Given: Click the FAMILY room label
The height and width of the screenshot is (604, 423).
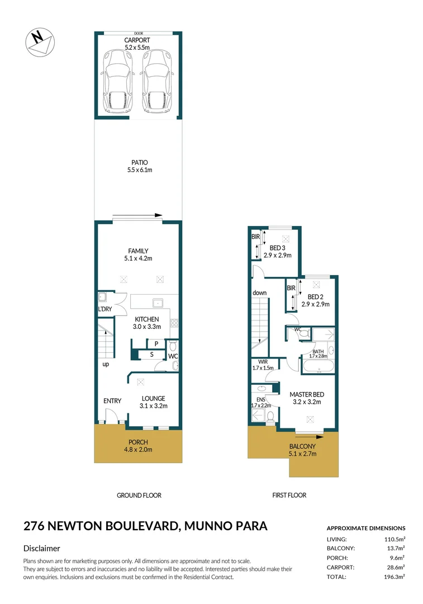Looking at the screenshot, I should [137, 251].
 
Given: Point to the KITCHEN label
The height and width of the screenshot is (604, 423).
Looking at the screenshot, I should [146, 319].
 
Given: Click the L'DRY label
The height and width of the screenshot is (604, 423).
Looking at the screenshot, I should [106, 309].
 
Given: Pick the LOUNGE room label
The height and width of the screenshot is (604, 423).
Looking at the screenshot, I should [153, 398].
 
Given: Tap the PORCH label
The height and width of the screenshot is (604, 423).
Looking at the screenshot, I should [137, 442].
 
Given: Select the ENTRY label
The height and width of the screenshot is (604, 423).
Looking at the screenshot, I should [112, 401].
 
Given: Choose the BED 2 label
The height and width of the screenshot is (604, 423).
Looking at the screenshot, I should [315, 296].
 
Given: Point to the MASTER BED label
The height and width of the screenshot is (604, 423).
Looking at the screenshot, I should [307, 394].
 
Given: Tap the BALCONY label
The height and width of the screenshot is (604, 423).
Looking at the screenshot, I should [302, 446].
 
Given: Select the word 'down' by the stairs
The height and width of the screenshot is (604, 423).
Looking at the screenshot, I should [259, 292].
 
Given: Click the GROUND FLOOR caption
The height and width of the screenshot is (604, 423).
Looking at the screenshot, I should [139, 495].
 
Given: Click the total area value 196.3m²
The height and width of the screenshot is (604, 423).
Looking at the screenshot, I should [393, 577].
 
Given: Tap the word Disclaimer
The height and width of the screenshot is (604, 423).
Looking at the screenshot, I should [41, 549].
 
